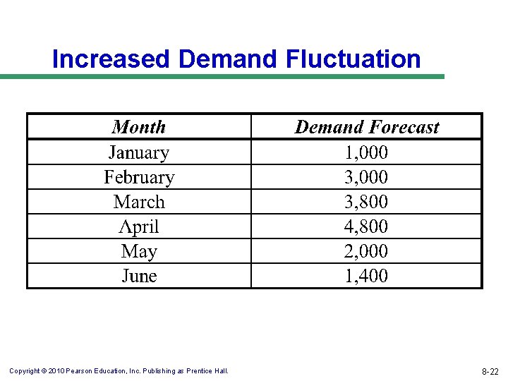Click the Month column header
point(139,127)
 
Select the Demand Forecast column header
point(366,127)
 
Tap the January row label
point(139,152)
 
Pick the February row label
point(139,177)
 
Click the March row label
point(139,202)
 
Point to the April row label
point(139,226)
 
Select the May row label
point(139,251)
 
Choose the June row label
point(139,276)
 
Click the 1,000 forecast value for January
point(366,152)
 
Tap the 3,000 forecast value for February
point(366,177)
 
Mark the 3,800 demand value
point(366,202)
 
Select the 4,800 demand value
point(366,226)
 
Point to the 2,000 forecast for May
point(366,251)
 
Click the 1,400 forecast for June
point(366,276)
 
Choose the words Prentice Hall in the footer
point(208,370)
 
